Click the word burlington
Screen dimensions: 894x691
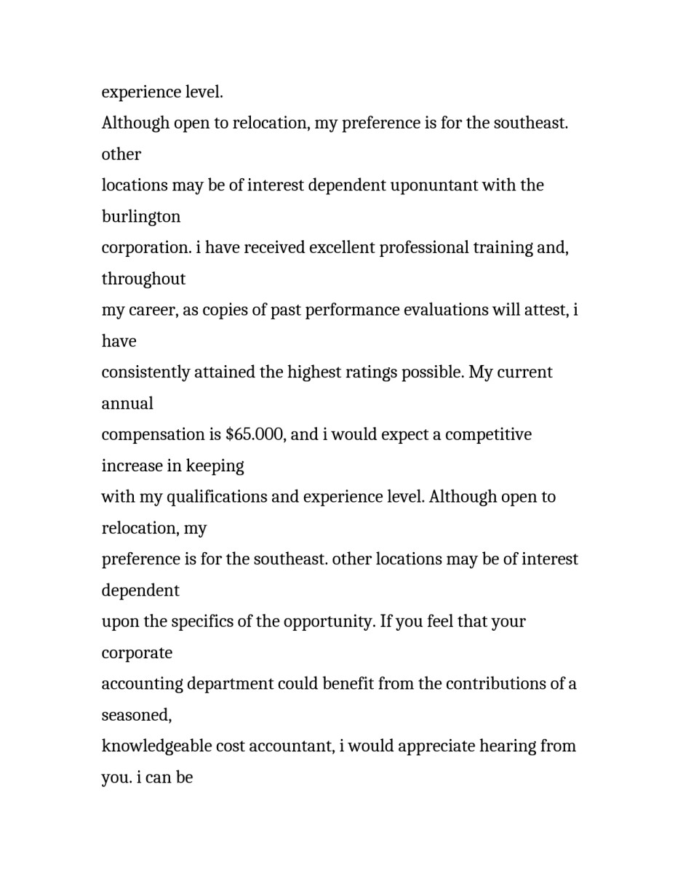click(x=140, y=217)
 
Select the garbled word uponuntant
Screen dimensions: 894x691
click(x=433, y=185)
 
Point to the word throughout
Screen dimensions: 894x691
click(x=143, y=279)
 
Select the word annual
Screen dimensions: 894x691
click(x=127, y=404)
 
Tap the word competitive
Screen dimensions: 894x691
click(x=488, y=435)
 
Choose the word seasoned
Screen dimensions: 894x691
click(x=136, y=715)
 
